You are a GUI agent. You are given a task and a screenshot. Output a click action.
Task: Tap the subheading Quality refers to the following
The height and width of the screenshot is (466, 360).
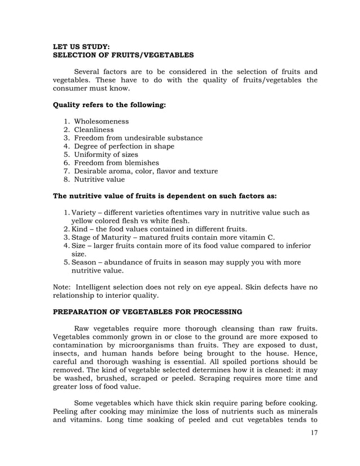click(x=109, y=105)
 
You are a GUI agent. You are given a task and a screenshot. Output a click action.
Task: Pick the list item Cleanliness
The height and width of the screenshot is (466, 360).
click(x=94, y=130)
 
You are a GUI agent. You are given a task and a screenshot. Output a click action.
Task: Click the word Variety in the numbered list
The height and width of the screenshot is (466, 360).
click(x=84, y=213)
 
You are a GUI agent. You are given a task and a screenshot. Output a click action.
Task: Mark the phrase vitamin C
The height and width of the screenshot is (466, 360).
click(x=257, y=238)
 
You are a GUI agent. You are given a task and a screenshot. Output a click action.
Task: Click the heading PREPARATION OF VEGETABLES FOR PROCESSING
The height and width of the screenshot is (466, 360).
click(x=147, y=311)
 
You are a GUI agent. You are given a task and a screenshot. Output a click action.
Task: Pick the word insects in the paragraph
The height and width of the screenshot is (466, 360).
click(x=66, y=352)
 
